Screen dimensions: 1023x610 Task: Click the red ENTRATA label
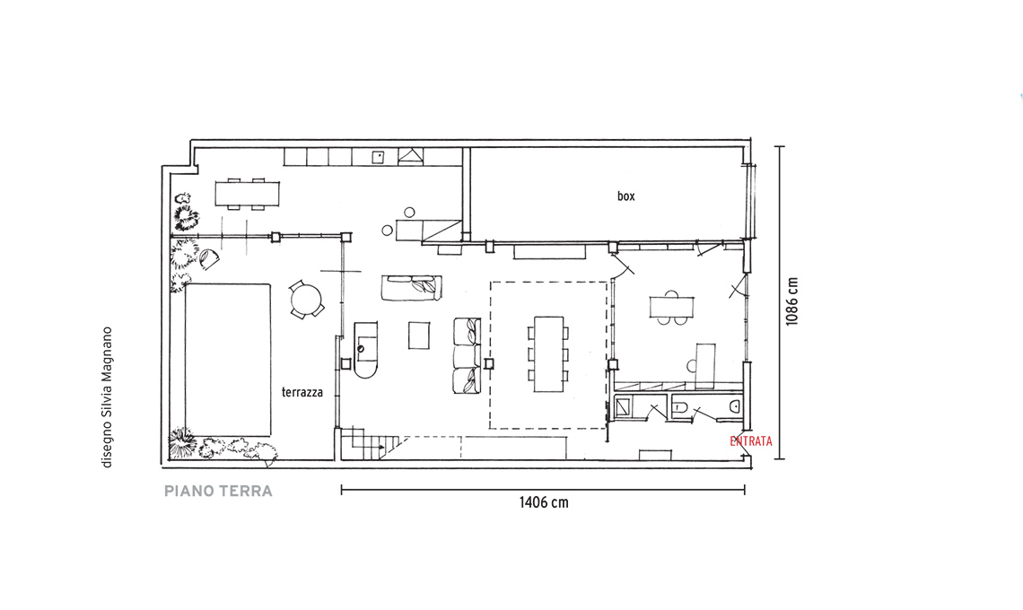751,441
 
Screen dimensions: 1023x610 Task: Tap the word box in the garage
625,196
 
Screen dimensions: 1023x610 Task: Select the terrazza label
302,392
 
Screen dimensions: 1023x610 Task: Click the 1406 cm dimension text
544,502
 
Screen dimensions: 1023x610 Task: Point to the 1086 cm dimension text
791,301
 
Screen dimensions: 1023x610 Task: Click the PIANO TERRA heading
218,492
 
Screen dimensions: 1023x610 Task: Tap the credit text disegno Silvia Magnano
107,397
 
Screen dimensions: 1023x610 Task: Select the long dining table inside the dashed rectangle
548,354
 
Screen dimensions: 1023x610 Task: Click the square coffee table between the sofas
419,335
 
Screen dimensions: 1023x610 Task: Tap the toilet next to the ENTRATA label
734,407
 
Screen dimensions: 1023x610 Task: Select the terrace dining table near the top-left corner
248,194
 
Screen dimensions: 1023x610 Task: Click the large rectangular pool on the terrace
228,360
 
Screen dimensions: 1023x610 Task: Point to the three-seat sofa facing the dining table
468,355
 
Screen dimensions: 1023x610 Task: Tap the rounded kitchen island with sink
365,350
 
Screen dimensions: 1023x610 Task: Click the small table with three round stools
671,306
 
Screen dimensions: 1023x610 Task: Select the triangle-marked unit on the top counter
410,156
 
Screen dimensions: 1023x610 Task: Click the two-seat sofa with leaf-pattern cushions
412,288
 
